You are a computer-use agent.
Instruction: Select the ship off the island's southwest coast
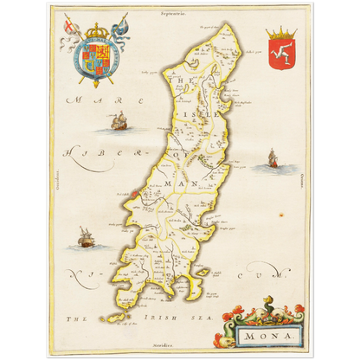pyautogui.click(x=84, y=236)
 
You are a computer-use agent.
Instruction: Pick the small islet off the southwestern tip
pyautogui.click(x=111, y=318)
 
